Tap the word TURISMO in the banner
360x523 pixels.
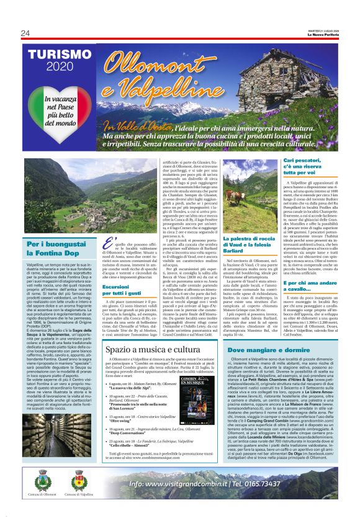(x=55, y=55)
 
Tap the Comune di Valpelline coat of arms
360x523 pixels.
(x=78, y=481)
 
